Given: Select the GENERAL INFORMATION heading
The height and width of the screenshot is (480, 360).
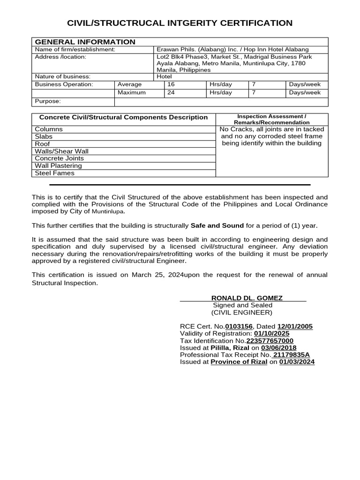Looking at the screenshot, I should point(85,42).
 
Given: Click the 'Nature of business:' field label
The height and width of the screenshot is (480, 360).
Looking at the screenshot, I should point(63,76).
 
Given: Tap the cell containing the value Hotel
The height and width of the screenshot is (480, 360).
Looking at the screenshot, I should point(165,76).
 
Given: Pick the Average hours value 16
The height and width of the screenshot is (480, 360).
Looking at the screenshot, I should point(171,84).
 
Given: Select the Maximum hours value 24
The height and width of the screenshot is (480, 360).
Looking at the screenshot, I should point(171,92).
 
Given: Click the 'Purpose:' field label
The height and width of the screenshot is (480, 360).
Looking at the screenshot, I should point(48,101).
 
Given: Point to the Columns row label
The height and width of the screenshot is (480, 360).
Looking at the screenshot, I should point(49,129).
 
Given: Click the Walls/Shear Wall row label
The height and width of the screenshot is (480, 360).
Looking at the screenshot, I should point(62,151).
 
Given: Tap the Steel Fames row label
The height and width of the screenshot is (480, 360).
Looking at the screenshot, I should point(55,173).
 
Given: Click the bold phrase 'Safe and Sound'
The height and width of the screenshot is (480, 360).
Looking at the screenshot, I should point(217,225).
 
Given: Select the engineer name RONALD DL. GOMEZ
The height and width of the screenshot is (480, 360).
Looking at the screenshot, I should point(247,298).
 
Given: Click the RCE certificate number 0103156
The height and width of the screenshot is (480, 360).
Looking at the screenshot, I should point(239,327).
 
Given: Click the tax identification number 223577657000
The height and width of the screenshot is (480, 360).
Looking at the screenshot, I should point(270,341).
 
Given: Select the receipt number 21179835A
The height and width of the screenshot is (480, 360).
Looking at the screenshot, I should point(292,355).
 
